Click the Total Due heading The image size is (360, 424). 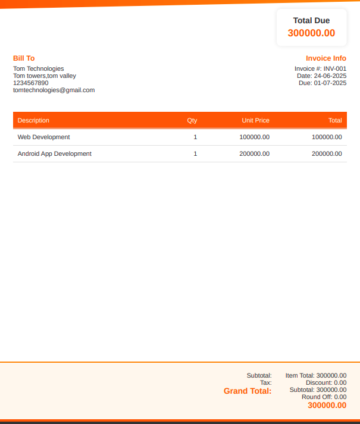coord(311,21)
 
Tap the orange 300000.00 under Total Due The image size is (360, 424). coord(311,33)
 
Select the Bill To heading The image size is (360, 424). coord(24,58)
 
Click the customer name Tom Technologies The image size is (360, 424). coord(39,68)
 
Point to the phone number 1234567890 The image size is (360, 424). coord(31,83)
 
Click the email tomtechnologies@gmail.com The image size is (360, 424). coord(54,90)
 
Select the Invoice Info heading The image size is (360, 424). coord(326,58)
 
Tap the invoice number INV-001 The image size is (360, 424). coord(334,68)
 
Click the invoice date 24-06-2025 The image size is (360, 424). coord(330,76)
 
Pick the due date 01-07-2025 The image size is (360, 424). coord(330,83)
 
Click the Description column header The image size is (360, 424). coord(33,120)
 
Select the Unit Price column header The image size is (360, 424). coord(255,120)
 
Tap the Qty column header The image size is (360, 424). coord(192,120)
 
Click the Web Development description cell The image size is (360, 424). coord(43,137)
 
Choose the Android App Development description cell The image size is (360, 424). coord(55,153)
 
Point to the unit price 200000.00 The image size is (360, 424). coord(254,153)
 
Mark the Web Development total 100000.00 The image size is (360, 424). coord(327,137)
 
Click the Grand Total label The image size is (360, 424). coord(248,391)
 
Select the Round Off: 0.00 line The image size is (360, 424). coord(324,397)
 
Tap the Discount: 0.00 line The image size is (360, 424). coord(326,382)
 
